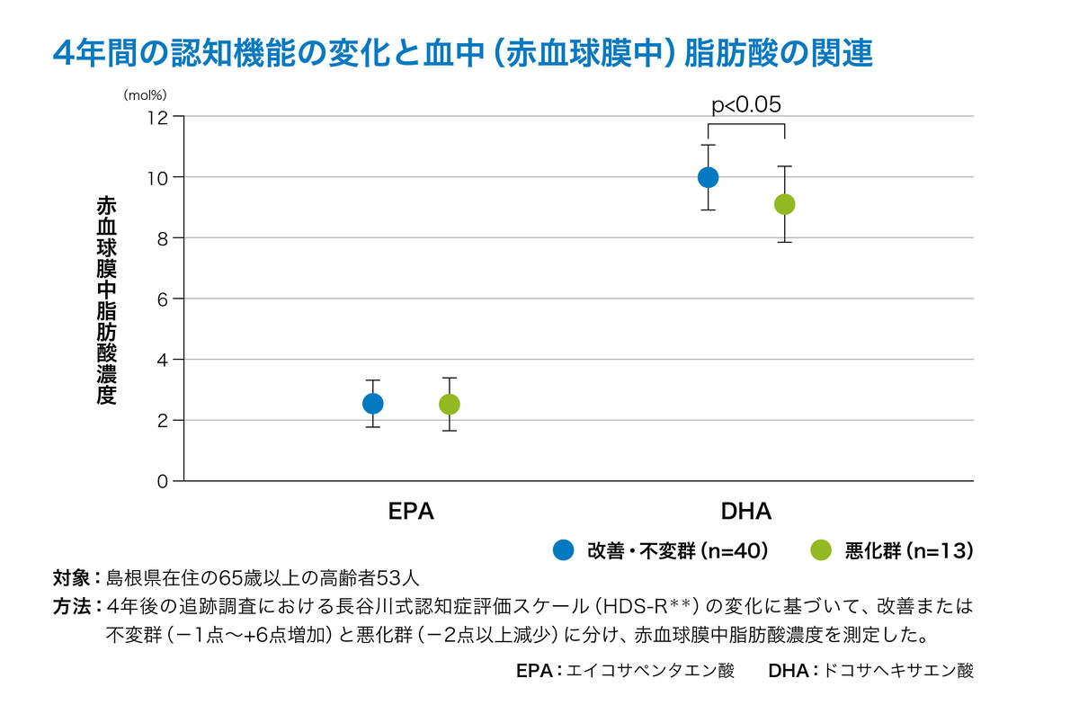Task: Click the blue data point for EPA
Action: click(372, 404)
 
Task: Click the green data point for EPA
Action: click(449, 405)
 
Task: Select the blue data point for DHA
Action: click(708, 177)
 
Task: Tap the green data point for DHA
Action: click(784, 205)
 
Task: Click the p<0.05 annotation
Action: click(745, 104)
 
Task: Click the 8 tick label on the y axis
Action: click(164, 238)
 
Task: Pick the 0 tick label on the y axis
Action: click(164, 481)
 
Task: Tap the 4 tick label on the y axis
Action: click(164, 360)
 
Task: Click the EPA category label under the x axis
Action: click(411, 512)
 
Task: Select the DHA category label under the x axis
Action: click(745, 512)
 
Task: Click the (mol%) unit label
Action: click(146, 93)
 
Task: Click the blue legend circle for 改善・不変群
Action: click(564, 550)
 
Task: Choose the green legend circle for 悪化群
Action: click(821, 550)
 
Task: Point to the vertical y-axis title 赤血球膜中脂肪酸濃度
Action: click(106, 301)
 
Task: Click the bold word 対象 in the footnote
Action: click(71, 576)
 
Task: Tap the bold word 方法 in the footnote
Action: click(71, 606)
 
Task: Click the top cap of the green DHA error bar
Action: click(784, 166)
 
